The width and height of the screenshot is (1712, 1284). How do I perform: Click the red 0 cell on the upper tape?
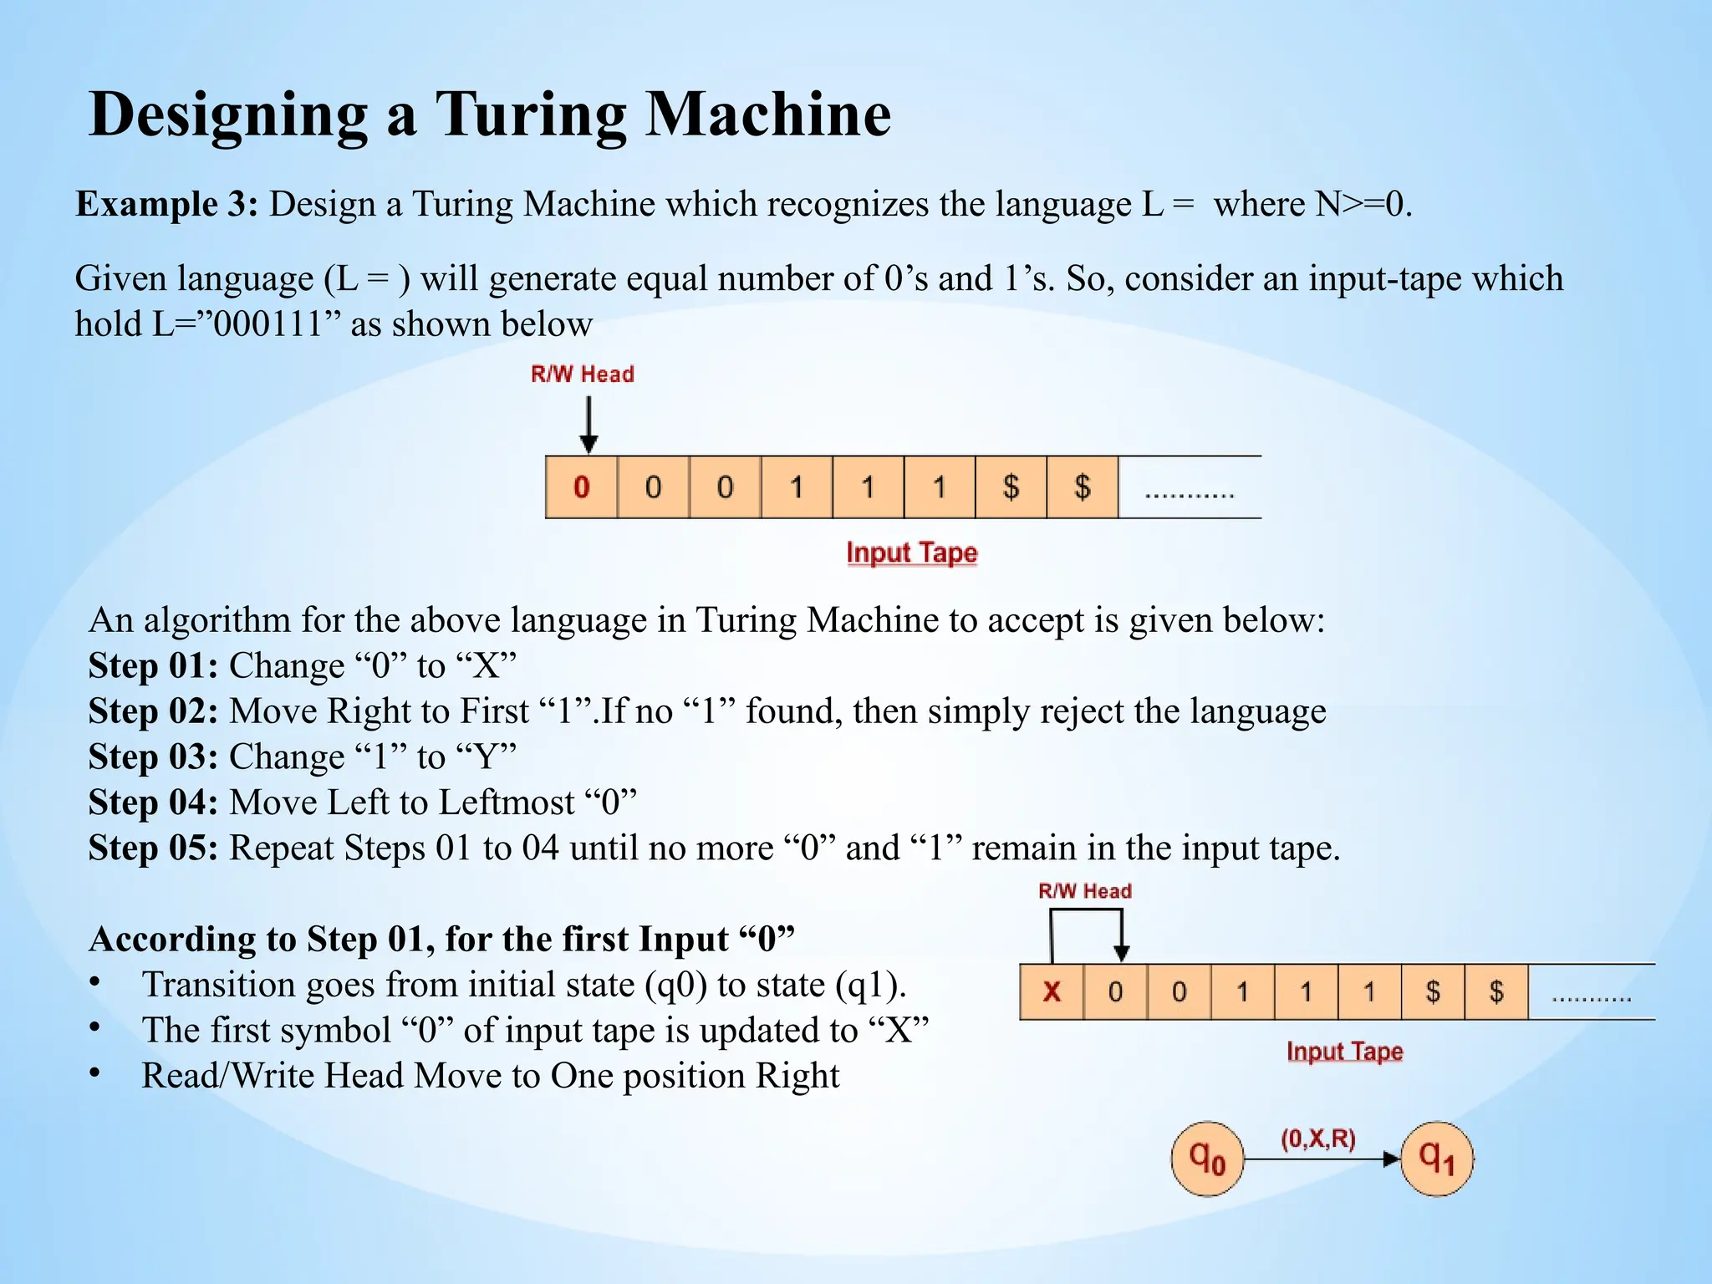[x=582, y=487]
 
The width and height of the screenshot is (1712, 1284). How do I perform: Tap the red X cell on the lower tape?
[x=1052, y=992]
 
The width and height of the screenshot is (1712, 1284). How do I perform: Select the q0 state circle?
[x=1207, y=1159]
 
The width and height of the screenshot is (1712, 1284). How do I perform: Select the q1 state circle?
[x=1437, y=1159]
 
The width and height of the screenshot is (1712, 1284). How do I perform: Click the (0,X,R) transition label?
[x=1318, y=1139]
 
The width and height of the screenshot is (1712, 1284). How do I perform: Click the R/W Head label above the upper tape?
[x=583, y=374]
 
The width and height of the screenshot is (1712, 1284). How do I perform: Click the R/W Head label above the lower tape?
[x=1085, y=891]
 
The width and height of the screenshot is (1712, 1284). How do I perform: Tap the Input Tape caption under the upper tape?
[x=911, y=553]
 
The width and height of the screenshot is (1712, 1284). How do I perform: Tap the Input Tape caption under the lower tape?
[x=1344, y=1052]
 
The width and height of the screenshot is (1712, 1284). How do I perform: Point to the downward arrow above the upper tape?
[x=589, y=425]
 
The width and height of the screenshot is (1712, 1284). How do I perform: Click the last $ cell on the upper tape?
[x=1083, y=487]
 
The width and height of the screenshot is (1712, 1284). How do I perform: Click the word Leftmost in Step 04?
[x=507, y=802]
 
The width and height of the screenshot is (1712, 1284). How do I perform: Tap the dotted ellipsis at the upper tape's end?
[x=1189, y=493]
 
